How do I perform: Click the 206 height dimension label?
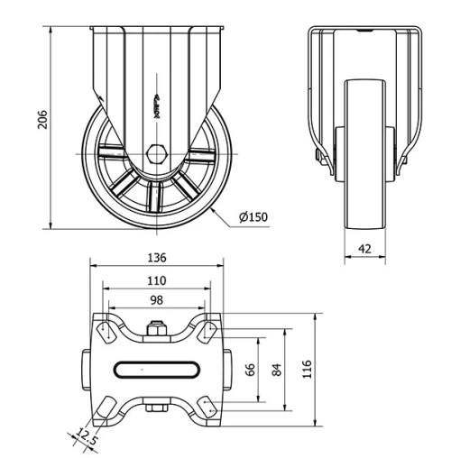coord(39,120)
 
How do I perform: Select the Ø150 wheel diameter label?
coord(255,217)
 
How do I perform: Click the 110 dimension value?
coord(157,280)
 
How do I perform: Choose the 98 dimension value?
coord(157,300)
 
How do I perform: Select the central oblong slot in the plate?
coord(157,368)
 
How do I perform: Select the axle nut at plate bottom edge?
coord(157,410)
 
